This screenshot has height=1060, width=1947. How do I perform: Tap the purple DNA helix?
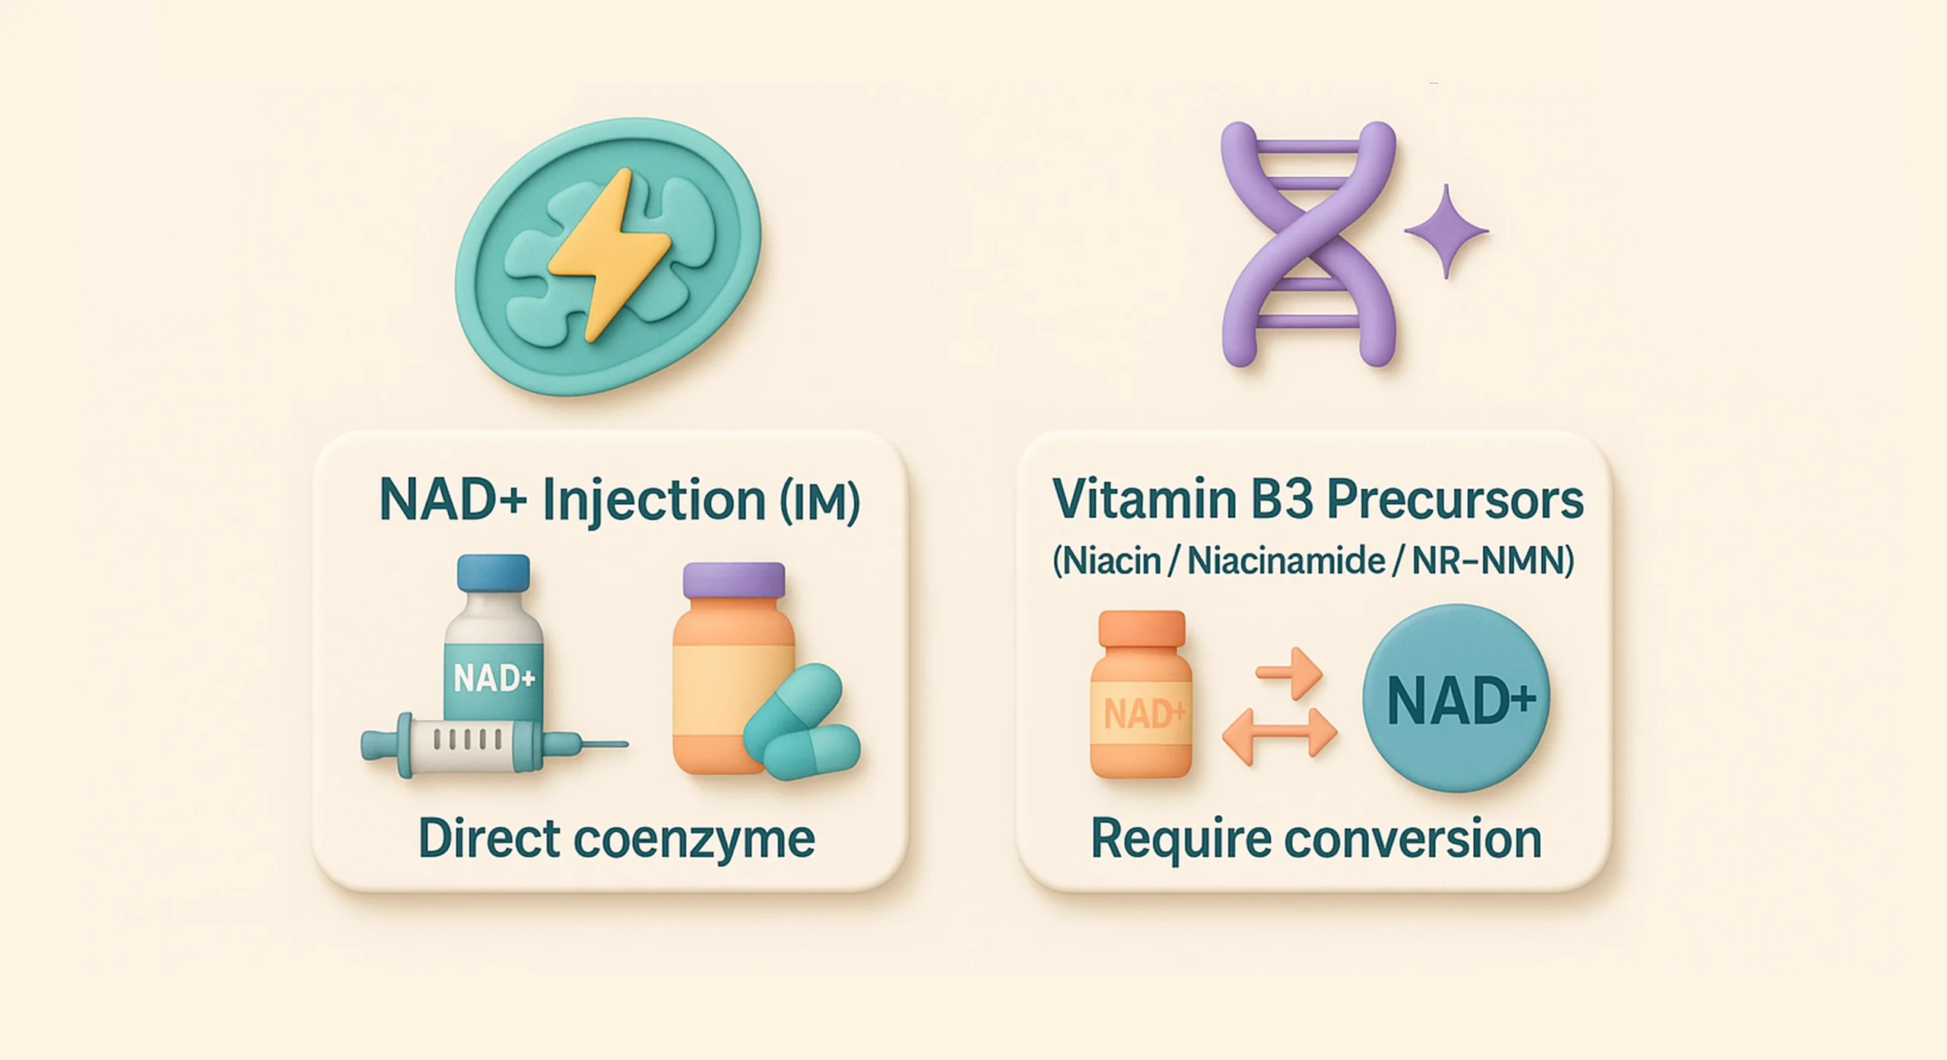coord(1308,243)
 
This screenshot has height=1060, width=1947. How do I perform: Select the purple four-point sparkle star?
coord(1446,230)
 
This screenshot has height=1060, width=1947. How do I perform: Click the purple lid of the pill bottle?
coord(733,580)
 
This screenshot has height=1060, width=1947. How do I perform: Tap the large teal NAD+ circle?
coord(1456,697)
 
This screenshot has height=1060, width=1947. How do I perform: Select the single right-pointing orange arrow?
coord(1289,672)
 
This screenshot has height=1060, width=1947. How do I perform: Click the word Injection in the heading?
coord(654,502)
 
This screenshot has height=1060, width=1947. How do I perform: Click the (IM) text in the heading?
coord(820,502)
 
